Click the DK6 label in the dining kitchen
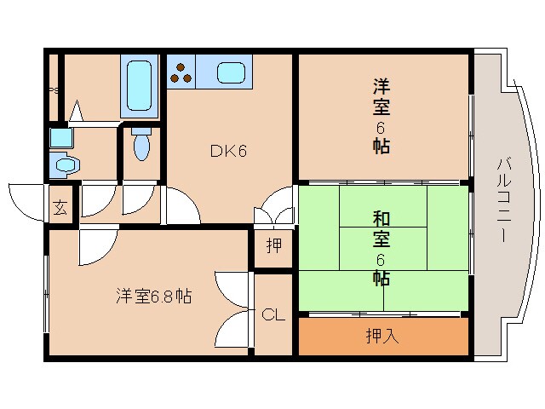point(228,153)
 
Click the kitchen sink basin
point(232,72)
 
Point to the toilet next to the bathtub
point(142,144)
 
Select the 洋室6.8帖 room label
point(153,296)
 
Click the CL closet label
point(272,315)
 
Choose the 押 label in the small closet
point(273,247)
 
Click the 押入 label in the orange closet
point(382,336)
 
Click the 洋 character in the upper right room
point(381,87)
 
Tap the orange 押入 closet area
point(426,337)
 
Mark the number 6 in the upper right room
point(381,127)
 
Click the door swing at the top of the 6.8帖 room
point(94,247)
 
